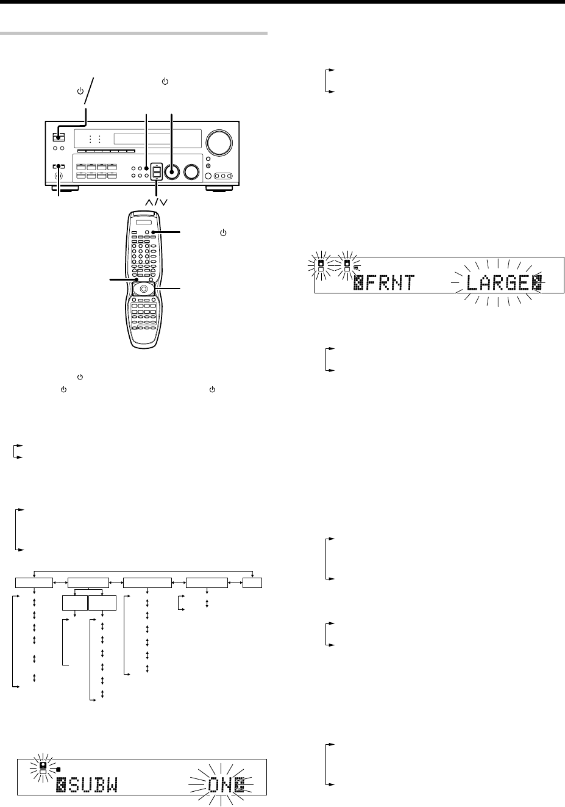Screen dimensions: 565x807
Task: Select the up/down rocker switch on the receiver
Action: (x=157, y=173)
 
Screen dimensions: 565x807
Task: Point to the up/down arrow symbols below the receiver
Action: (x=157, y=201)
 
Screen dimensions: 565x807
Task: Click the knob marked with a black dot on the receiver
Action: (x=172, y=173)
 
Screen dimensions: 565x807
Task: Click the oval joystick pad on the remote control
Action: (x=144, y=289)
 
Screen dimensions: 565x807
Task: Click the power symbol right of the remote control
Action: (x=226, y=232)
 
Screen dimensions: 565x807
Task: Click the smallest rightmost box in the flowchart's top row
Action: (x=252, y=583)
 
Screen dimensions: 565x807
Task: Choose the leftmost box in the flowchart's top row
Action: (x=34, y=583)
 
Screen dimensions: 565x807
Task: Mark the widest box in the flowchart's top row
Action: (x=147, y=583)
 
